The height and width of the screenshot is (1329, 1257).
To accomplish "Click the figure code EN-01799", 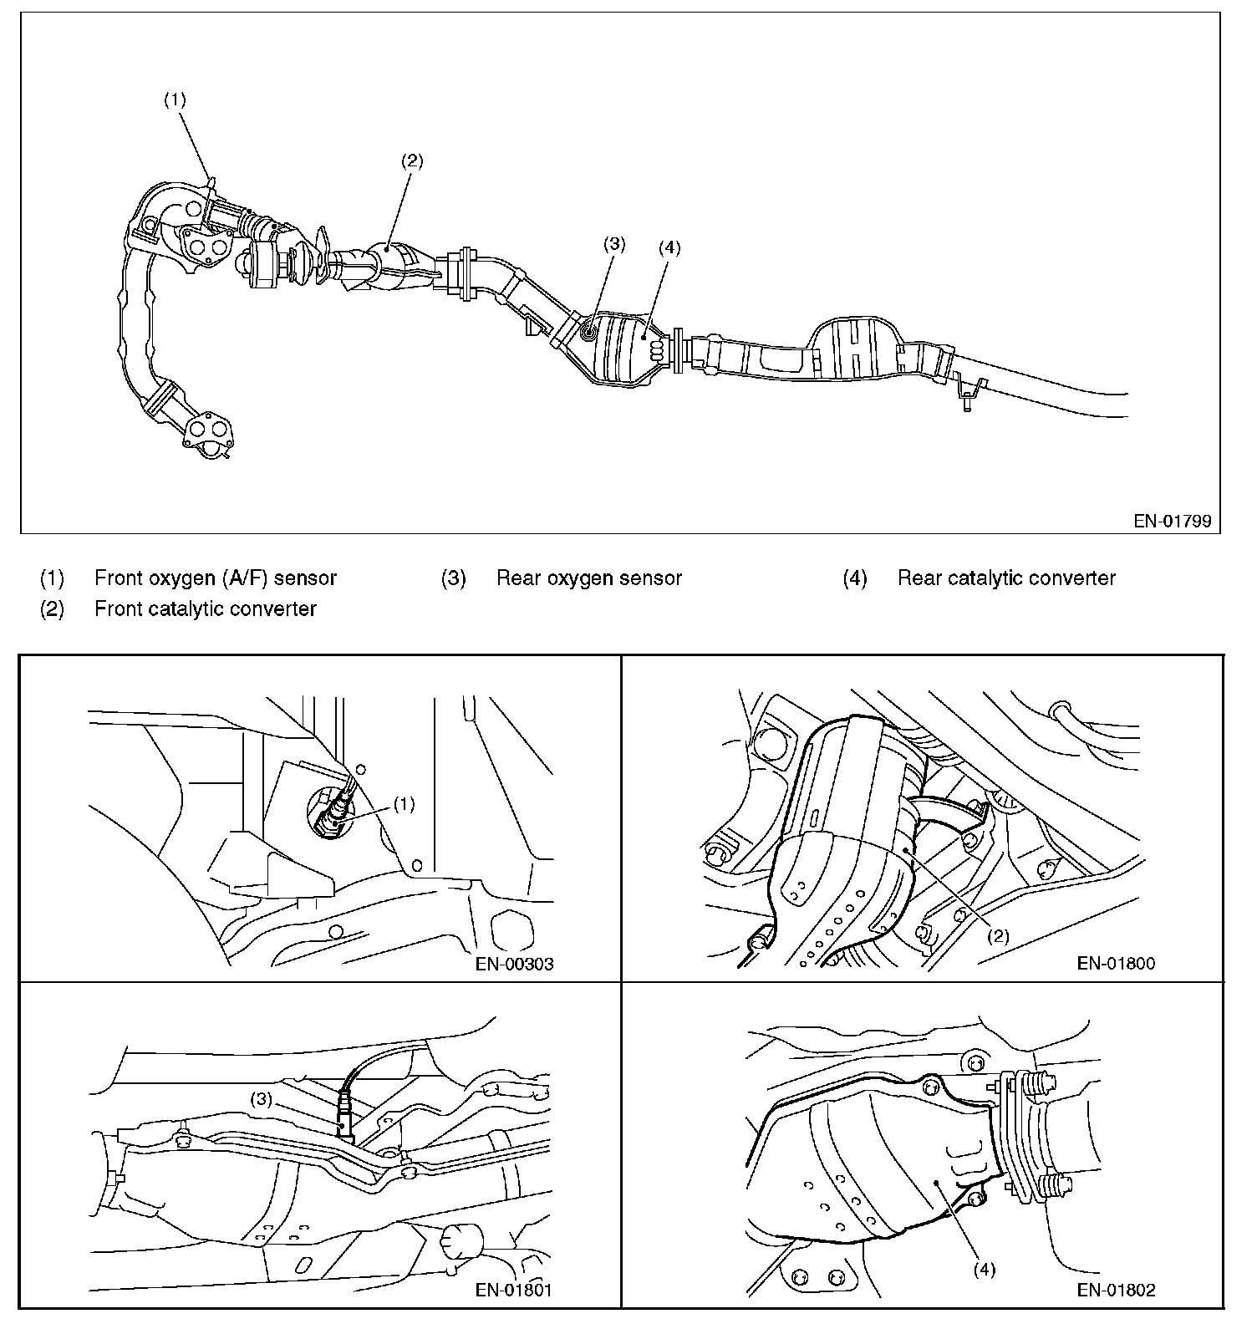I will [x=1172, y=521].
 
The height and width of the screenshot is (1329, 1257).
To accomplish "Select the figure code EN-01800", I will [x=1116, y=964].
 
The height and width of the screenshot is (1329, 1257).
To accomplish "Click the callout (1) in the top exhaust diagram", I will [x=175, y=99].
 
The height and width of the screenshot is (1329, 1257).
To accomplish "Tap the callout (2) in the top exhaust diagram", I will [x=412, y=161].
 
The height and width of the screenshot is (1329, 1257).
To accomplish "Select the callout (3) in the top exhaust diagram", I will [x=614, y=244].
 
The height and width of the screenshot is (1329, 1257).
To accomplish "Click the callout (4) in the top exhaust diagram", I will [x=669, y=247].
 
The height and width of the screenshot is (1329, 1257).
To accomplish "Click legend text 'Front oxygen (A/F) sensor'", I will [x=216, y=578].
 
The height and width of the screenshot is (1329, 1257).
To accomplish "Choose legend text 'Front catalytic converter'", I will [x=206, y=608].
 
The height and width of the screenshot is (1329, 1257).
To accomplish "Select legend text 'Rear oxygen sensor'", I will [x=589, y=578].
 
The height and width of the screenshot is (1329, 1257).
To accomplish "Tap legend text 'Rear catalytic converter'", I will [x=1006, y=578].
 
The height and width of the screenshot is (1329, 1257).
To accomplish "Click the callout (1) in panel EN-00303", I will [x=404, y=804].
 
